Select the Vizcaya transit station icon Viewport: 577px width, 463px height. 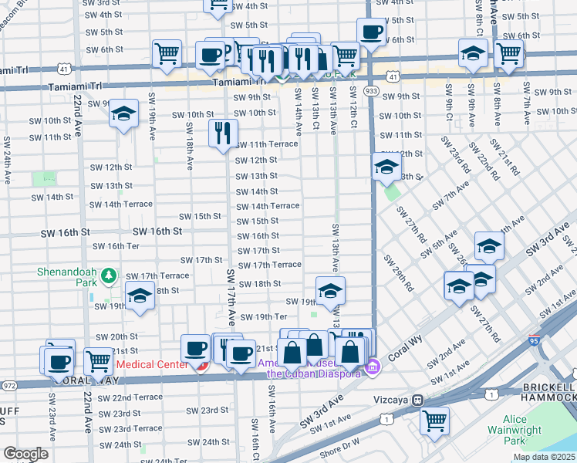click(x=418, y=400)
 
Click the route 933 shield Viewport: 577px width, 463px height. click(x=372, y=91)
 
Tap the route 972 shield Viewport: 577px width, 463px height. click(x=8, y=384)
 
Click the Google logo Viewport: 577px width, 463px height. click(x=25, y=454)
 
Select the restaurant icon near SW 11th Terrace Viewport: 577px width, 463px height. click(x=222, y=133)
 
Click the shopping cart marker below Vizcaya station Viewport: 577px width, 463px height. click(x=434, y=421)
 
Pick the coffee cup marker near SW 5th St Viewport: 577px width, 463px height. click(x=370, y=32)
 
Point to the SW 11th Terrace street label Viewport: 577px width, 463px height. click(x=266, y=144)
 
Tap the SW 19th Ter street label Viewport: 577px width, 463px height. click(x=263, y=316)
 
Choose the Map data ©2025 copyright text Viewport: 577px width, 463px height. click(x=544, y=457)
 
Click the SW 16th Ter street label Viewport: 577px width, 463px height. click(x=116, y=246)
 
